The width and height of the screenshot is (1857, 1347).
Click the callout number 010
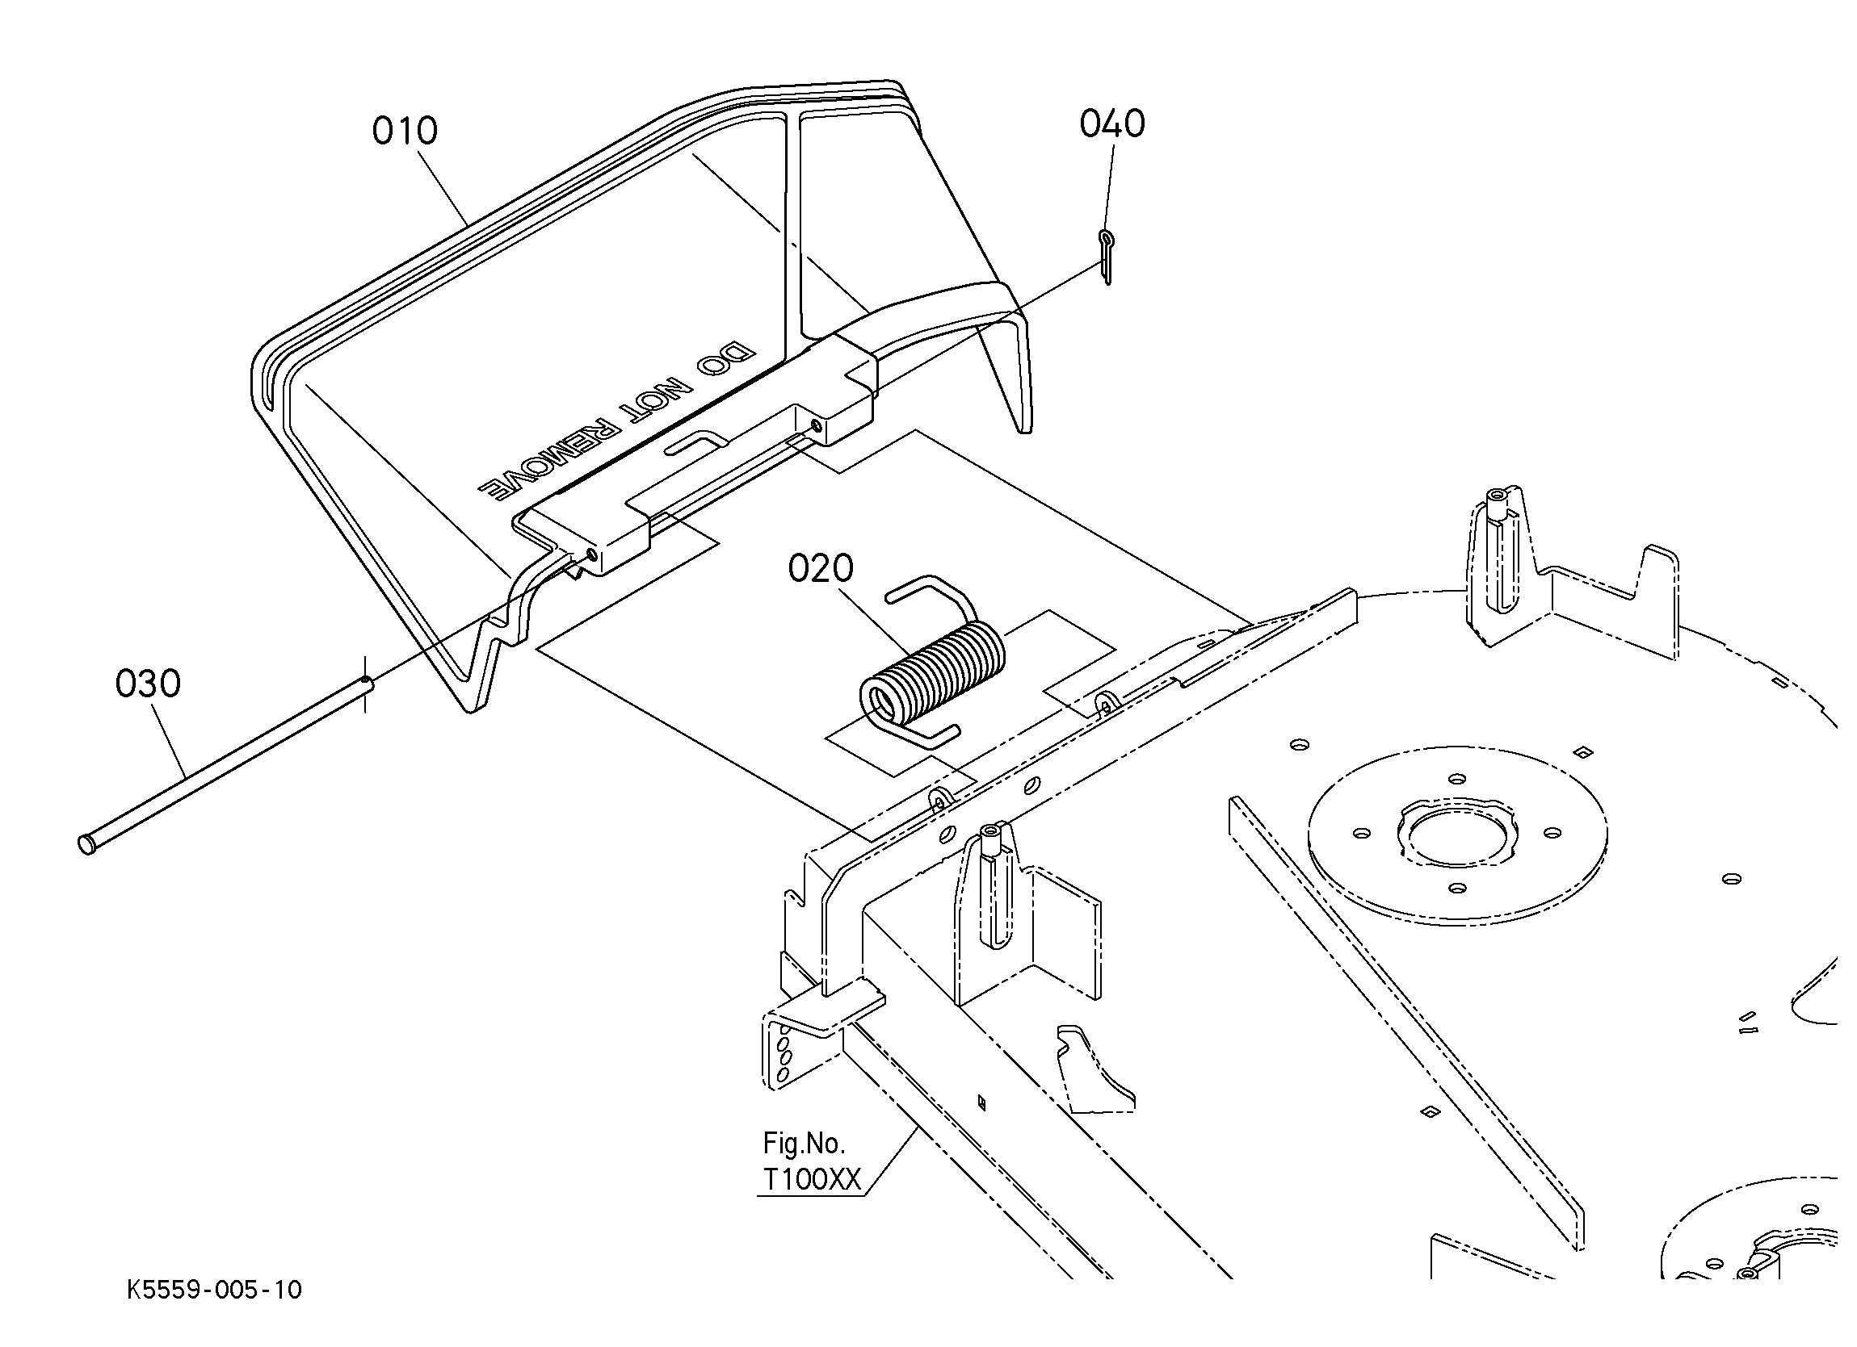pyautogui.click(x=405, y=131)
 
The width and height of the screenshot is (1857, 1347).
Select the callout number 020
pyautogui.click(x=821, y=568)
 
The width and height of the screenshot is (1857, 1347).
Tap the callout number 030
pyautogui.click(x=147, y=684)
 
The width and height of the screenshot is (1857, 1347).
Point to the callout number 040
pyautogui.click(x=1112, y=124)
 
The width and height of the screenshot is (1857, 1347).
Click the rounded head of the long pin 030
pyautogui.click(x=85, y=843)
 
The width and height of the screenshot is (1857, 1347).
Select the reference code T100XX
pyautogui.click(x=812, y=1179)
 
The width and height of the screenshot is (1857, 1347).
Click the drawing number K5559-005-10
pyautogui.click(x=215, y=1291)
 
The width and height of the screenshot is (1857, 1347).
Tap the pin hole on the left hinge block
pyautogui.click(x=591, y=554)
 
